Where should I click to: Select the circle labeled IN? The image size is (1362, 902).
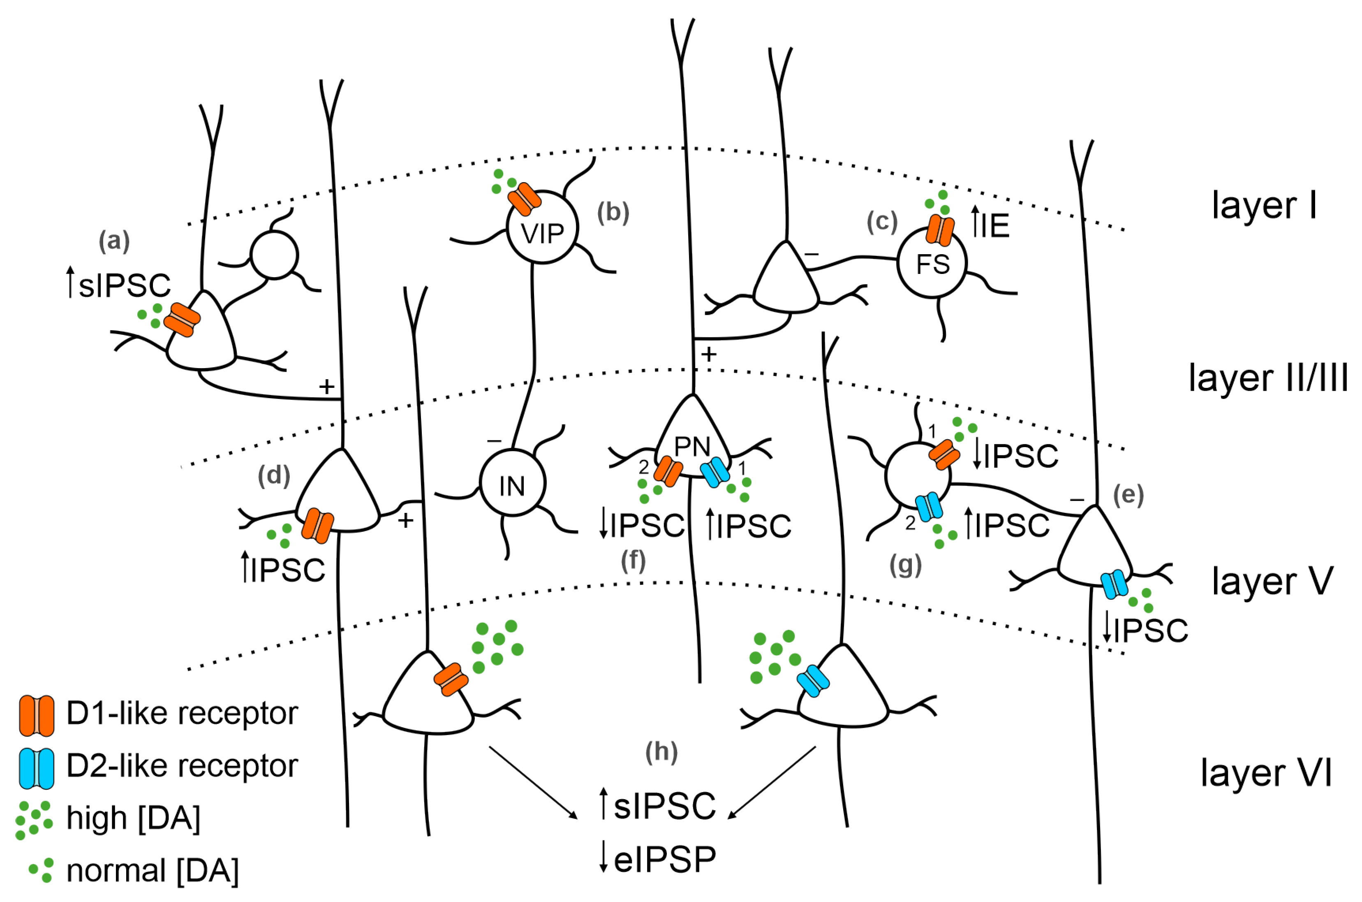512,483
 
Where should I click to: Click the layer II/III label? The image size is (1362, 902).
1268,378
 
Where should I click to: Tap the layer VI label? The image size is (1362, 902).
1265,773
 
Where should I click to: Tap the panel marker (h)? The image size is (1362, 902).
661,752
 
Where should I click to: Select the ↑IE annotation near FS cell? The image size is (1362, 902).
990,224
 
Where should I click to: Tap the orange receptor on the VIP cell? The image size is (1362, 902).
524,199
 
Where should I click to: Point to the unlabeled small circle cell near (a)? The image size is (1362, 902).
274,255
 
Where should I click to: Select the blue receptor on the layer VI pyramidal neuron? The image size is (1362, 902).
813,681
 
